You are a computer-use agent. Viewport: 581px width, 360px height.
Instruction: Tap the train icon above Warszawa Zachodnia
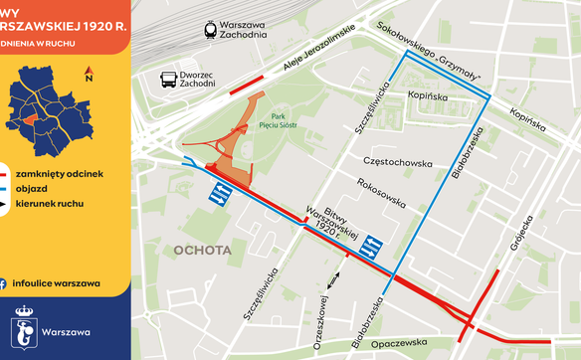click(210, 30)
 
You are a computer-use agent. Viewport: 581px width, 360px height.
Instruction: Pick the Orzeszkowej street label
click(320, 318)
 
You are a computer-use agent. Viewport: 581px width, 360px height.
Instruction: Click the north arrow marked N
click(90, 74)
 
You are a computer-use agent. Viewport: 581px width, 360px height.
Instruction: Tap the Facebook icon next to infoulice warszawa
click(5, 282)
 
